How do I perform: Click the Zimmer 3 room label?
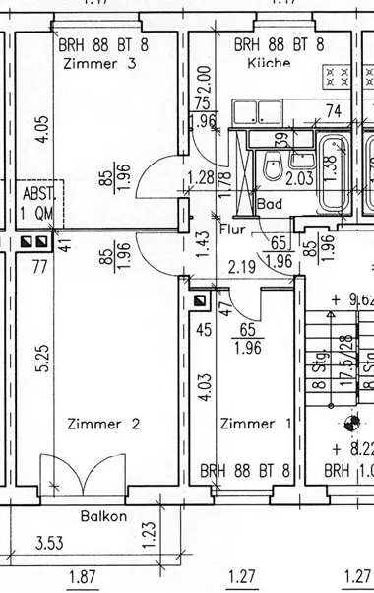(97, 64)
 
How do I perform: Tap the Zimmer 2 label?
(103, 424)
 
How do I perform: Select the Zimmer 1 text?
(255, 424)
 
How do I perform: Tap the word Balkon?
(103, 515)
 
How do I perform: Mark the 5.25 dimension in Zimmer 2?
(41, 357)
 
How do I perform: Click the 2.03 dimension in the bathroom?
(299, 178)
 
